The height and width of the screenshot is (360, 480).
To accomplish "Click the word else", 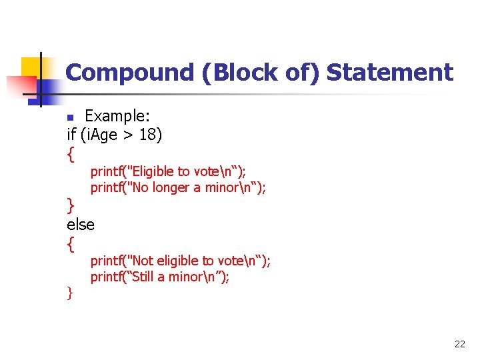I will tap(81, 225).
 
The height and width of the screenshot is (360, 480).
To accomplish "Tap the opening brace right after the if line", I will tap(71, 154).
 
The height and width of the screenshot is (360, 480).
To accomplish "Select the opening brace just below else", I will tap(71, 244).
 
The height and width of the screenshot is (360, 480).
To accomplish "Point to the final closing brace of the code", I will tap(69, 292).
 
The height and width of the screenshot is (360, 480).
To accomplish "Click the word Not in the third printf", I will tap(143, 261).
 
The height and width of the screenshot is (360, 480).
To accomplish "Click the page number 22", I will tap(459, 344).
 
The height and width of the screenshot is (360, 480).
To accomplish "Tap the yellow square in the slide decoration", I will tap(31, 67).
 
